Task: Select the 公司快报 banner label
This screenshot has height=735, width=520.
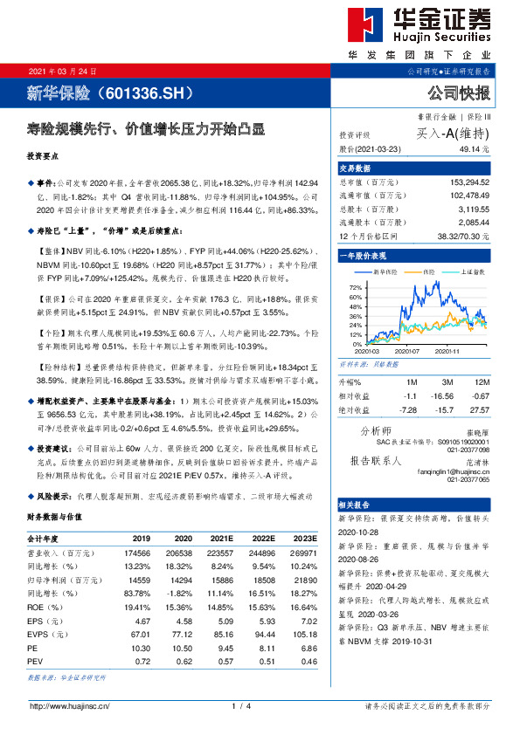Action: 459,93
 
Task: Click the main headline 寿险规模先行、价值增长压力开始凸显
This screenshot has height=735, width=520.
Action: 145,127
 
